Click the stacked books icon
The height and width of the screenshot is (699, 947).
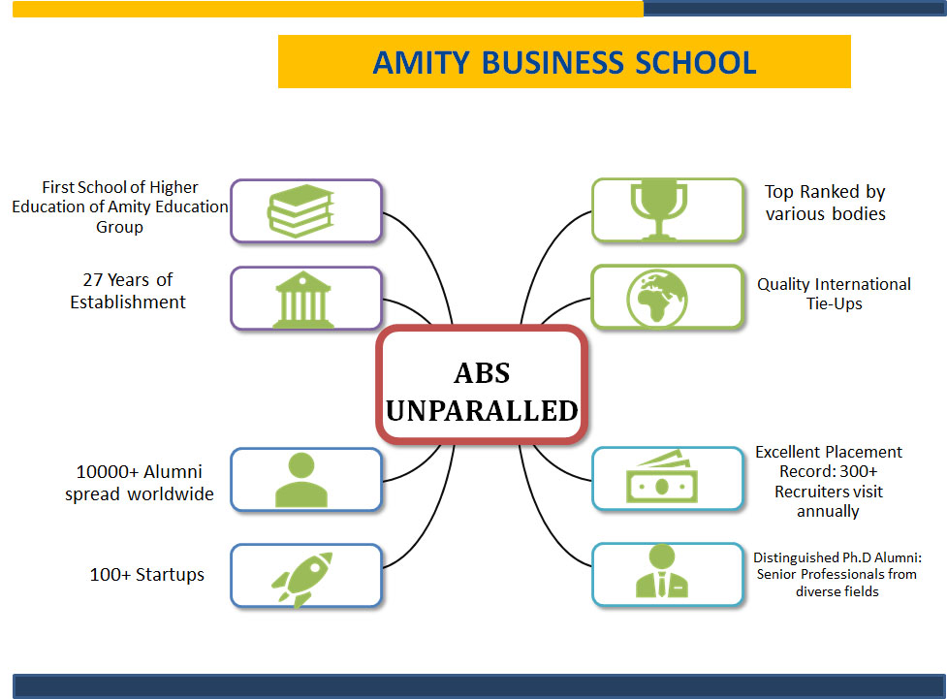point(300,210)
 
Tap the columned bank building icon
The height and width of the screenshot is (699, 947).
point(303,300)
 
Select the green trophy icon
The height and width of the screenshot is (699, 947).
point(659,209)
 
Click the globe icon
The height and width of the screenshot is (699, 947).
point(657,299)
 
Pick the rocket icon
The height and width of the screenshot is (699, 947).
point(302,580)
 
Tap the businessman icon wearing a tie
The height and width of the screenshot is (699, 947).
point(662,571)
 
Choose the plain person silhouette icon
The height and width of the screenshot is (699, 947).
point(301,480)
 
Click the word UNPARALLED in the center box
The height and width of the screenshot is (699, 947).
point(482,411)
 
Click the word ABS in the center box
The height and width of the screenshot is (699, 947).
point(482,373)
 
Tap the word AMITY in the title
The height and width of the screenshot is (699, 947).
point(421,63)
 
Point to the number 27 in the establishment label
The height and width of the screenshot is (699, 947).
point(92,280)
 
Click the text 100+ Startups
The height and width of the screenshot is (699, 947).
point(146,575)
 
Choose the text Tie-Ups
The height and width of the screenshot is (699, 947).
point(834,303)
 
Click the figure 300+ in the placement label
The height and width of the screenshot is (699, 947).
point(858,471)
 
